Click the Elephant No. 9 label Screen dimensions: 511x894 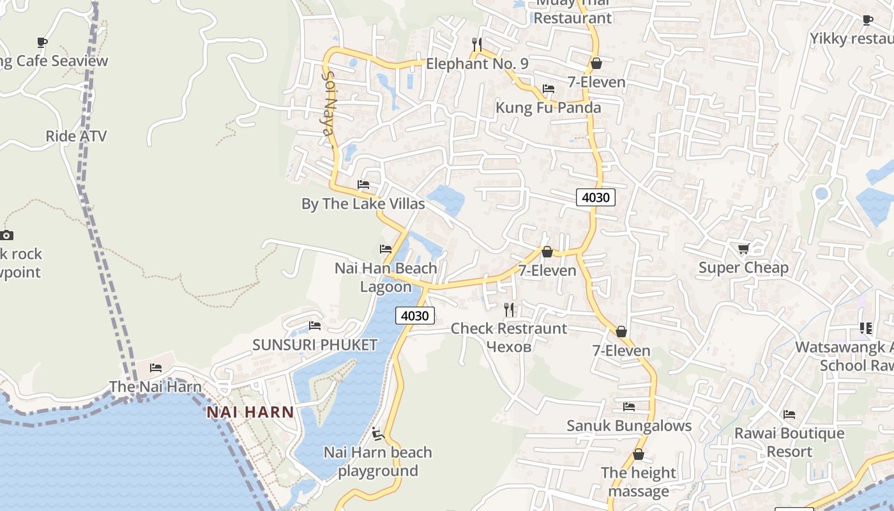coord(477,64)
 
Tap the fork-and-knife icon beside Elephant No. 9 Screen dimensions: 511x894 coord(477,44)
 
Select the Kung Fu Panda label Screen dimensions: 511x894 coord(549,107)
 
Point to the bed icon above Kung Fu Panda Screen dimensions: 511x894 coord(549,89)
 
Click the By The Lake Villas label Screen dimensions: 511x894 coord(363,204)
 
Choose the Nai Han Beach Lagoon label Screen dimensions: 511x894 coord(386,277)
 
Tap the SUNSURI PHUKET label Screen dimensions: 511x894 coord(315,345)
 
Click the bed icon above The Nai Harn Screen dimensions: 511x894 coord(156,368)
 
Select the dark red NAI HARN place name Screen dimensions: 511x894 coord(250,413)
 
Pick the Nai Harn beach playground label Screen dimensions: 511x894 coord(378,462)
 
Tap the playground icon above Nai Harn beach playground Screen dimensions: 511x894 coord(377,434)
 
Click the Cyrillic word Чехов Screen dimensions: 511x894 coord(508,346)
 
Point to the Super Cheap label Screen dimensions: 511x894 coord(743,268)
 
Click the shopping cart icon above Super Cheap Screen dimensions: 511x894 coord(743,248)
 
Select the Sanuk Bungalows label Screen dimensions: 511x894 coord(629,426)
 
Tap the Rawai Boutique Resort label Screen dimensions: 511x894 coord(789,442)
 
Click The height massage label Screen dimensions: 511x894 coord(639,482)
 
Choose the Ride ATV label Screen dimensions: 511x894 coord(76,136)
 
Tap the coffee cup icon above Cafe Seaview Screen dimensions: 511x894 coord(42,42)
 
